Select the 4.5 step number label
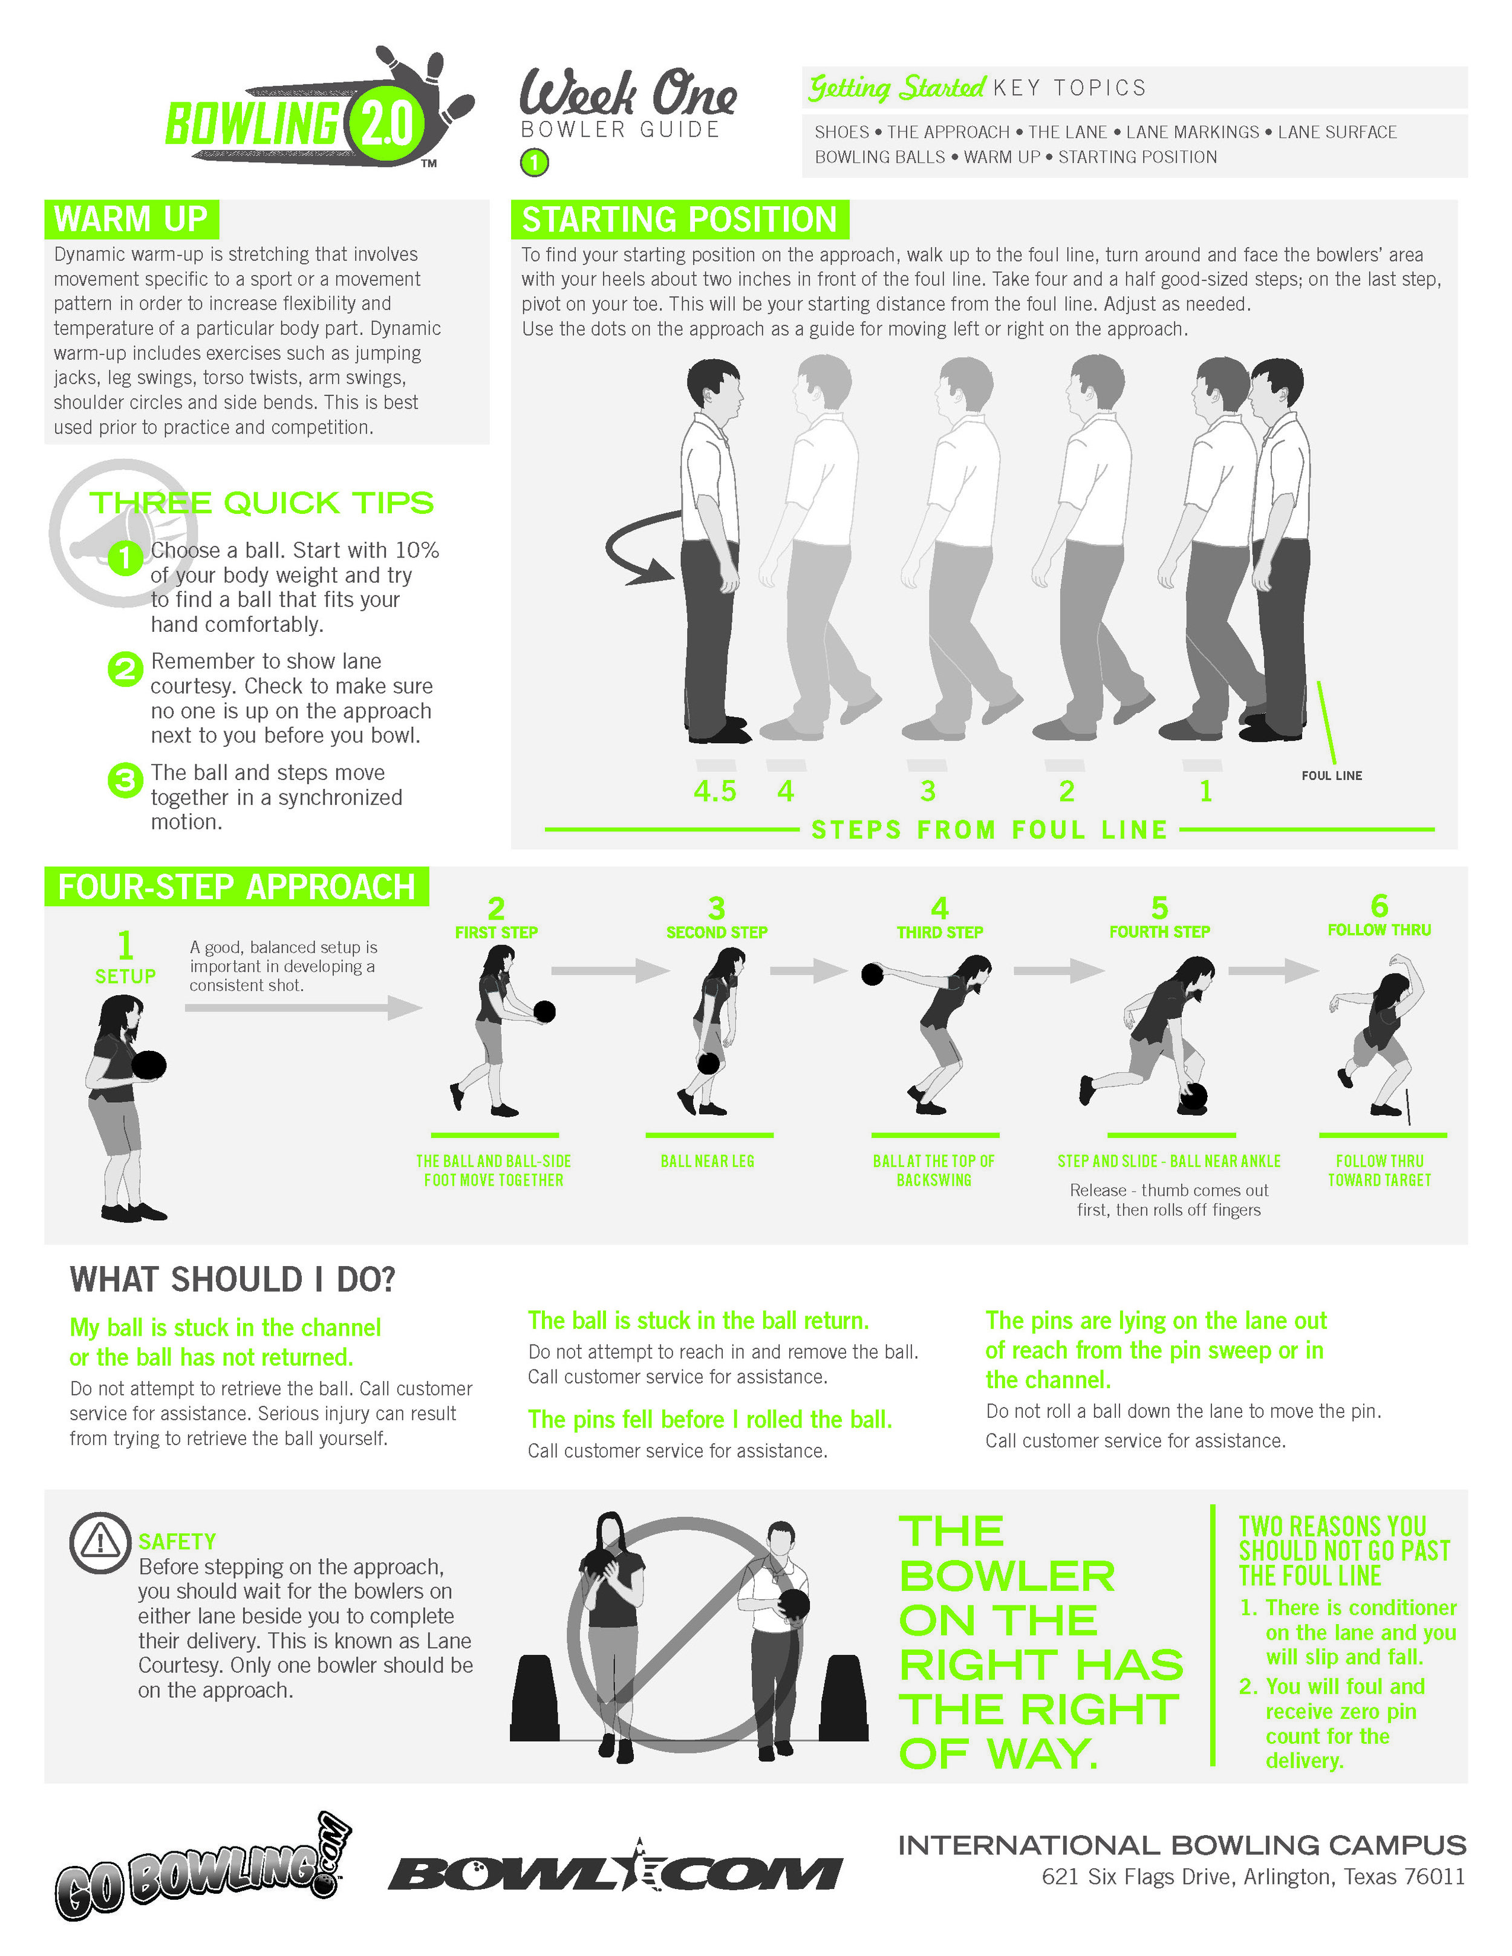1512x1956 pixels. [714, 791]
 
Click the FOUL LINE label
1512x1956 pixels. [1331, 776]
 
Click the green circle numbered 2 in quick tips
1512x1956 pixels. [125, 669]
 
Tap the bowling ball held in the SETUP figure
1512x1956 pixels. [149, 1065]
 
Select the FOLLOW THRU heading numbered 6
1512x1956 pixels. [1378, 918]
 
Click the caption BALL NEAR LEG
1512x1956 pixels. [708, 1162]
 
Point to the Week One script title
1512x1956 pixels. [627, 94]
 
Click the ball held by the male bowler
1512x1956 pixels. [793, 1604]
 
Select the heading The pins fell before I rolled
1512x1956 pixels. [709, 1420]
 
